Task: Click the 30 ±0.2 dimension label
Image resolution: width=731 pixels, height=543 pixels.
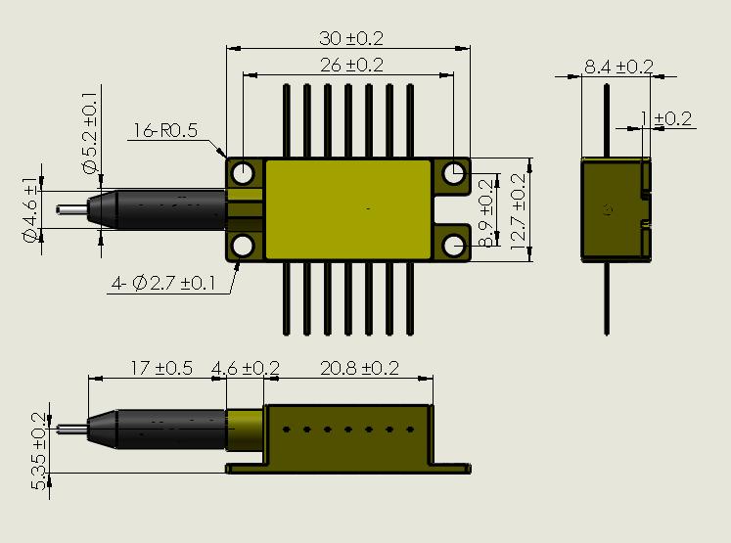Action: coord(351,38)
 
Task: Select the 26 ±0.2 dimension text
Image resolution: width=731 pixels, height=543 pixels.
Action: coord(351,65)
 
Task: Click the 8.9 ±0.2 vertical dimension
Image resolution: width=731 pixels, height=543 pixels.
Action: coord(486,210)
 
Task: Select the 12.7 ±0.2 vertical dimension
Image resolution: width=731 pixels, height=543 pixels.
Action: coord(518,209)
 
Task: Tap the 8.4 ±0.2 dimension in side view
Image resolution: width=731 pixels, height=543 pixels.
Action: coord(618,67)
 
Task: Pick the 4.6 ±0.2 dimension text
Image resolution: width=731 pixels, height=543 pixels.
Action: coord(246,368)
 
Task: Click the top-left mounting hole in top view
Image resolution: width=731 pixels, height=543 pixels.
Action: coord(243,173)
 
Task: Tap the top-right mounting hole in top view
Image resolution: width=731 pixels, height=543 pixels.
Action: coord(453,173)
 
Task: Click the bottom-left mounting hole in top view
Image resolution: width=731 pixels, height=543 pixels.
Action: coord(243,245)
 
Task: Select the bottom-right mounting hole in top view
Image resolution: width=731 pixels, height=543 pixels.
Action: coord(453,245)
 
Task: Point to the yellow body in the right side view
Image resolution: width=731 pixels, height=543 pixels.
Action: coord(615,208)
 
